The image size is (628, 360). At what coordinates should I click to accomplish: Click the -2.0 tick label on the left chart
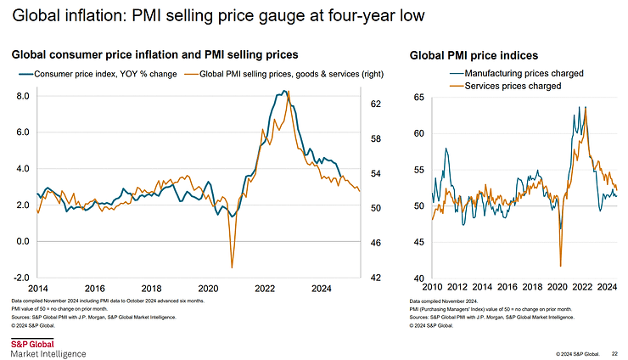click(x=22, y=278)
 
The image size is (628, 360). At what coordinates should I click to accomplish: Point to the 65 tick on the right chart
click(x=418, y=98)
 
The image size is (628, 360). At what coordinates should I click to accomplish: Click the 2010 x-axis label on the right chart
click(x=433, y=286)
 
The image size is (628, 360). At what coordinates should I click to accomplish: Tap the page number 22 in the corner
click(x=615, y=352)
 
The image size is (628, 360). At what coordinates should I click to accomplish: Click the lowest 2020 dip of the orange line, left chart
click(x=232, y=267)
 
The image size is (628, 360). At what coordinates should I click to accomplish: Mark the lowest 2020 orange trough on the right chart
click(x=561, y=266)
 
